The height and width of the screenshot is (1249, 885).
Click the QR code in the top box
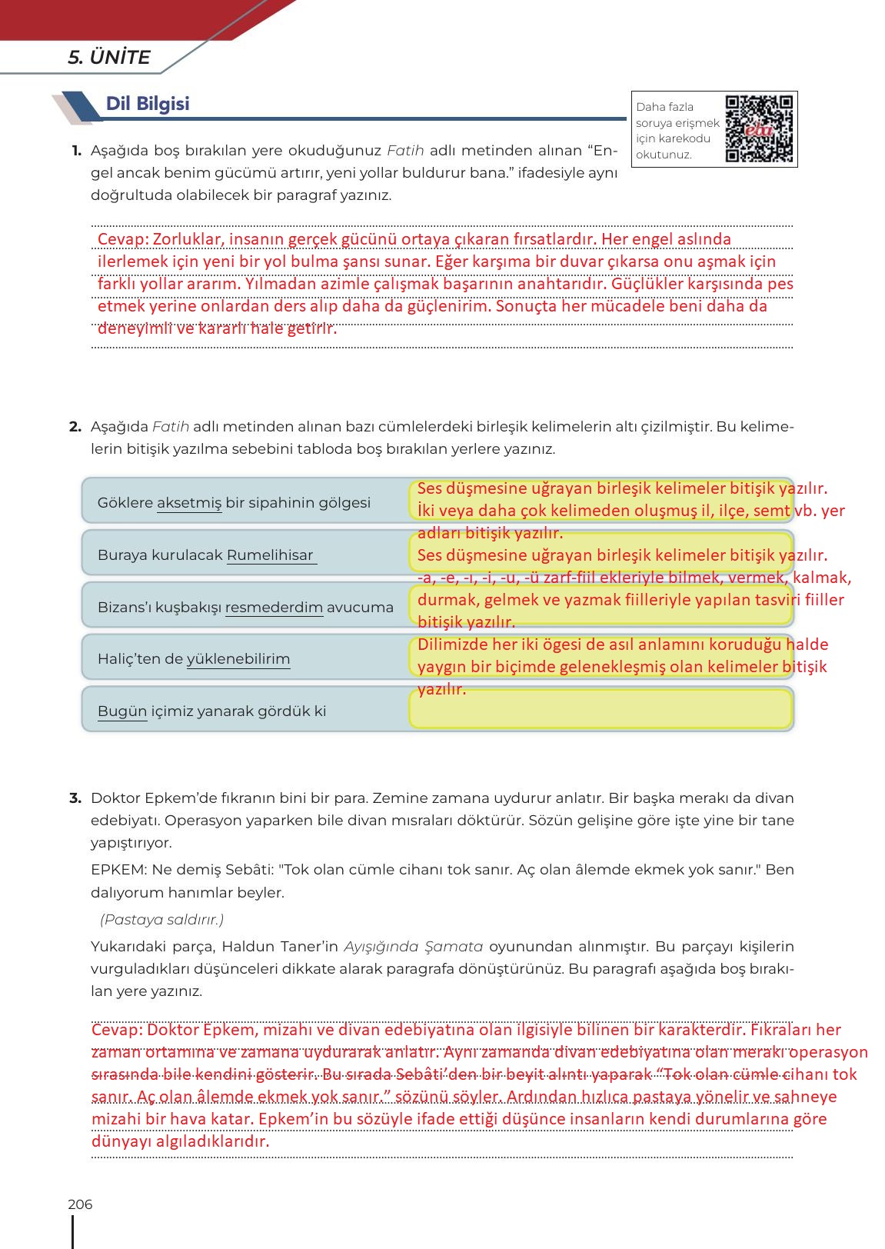coord(759,128)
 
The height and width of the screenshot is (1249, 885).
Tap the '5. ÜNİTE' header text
coord(109,58)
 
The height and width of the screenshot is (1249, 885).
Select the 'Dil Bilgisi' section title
coord(148,104)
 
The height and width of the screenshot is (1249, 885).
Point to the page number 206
coord(80,1204)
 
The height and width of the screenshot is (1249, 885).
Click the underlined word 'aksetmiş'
coord(189,503)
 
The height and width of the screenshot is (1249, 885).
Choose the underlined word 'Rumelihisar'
coord(270,555)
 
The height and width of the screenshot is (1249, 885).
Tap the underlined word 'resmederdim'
coord(274,608)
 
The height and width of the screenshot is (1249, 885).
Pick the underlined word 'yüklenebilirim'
coord(238,659)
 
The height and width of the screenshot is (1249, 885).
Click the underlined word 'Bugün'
coord(121,711)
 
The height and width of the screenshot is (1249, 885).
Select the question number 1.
coord(76,151)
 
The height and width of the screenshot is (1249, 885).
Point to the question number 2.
coord(75,427)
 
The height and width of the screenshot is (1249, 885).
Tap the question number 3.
coord(75,798)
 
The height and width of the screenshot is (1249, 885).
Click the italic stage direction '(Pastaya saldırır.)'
coord(161,920)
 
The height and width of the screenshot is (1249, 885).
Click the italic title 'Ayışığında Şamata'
coord(413,947)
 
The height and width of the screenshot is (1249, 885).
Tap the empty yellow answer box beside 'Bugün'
coord(600,710)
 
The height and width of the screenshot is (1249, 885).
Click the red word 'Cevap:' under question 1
coord(122,239)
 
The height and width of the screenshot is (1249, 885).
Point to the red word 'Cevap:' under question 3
coord(117,1030)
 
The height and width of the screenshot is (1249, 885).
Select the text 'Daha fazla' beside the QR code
coord(664,107)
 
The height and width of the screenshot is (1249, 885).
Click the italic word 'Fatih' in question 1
coord(405,151)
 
